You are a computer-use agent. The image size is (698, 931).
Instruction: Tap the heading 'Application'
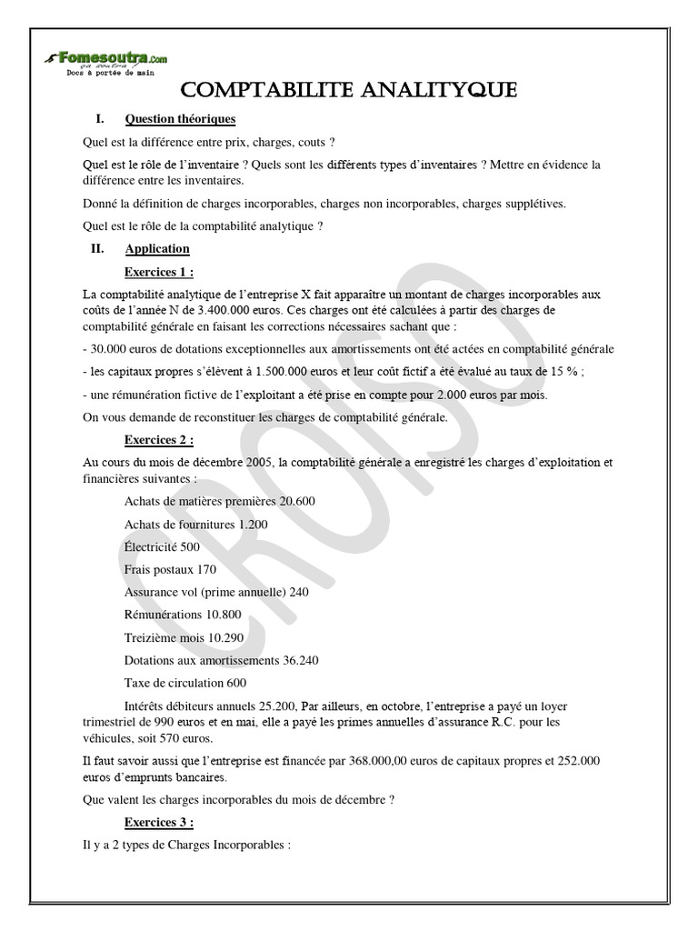[x=157, y=249]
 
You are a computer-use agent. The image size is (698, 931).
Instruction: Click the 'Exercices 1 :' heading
[x=159, y=272]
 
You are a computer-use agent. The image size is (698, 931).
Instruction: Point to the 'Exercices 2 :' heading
[x=159, y=440]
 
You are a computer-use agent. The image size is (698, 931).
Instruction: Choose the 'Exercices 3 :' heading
[x=159, y=822]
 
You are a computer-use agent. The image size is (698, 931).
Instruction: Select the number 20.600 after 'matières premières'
[x=298, y=501]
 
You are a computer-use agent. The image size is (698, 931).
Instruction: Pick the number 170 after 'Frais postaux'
[x=206, y=569]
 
